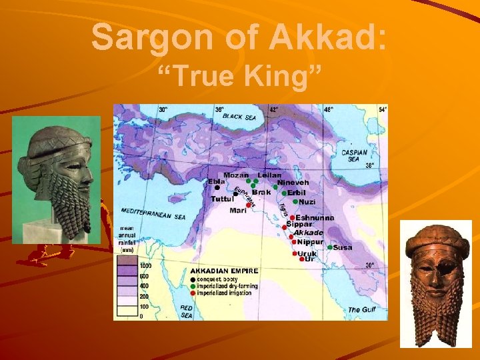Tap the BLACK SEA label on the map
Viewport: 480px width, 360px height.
(x=241, y=116)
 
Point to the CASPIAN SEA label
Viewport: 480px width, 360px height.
(x=354, y=155)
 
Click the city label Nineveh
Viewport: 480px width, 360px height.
(x=293, y=182)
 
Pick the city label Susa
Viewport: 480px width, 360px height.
(x=343, y=247)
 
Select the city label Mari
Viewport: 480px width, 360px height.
(x=238, y=210)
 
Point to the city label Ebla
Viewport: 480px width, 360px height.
(x=217, y=181)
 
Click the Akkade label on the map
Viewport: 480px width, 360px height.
(x=309, y=233)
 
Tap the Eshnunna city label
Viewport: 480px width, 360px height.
(x=315, y=217)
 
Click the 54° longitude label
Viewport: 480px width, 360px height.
(x=382, y=109)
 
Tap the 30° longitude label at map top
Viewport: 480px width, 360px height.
(x=163, y=109)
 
